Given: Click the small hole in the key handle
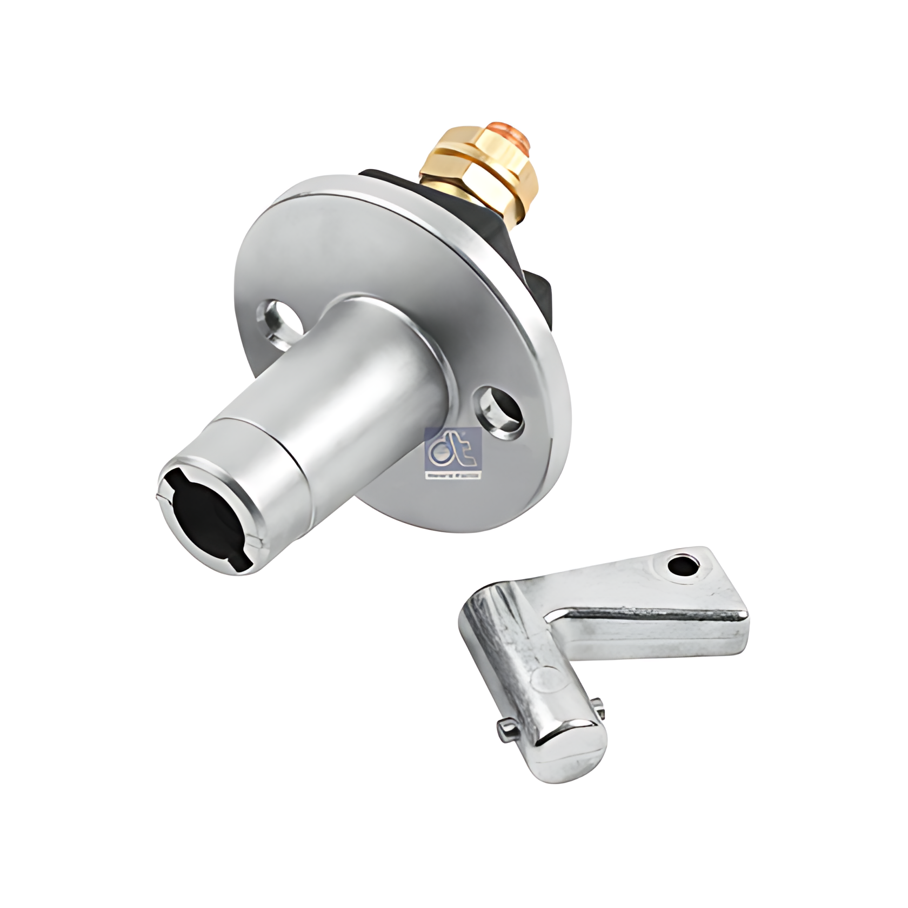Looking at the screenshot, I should tap(684, 566).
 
